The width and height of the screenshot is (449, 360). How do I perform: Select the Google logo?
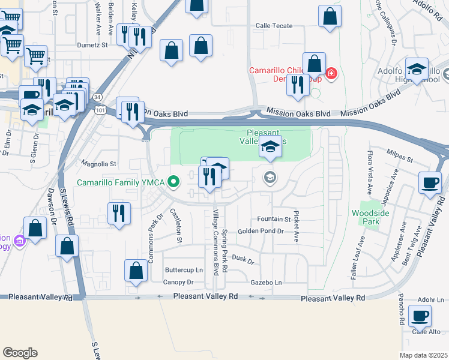point(19,353)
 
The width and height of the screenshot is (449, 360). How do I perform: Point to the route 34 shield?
point(98,96)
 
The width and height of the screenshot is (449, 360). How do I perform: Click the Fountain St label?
point(273,220)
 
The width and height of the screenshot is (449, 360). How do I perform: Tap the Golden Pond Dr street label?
point(260,231)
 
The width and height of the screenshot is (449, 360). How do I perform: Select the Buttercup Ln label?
point(184,271)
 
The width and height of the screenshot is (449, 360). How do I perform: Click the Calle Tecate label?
point(274,26)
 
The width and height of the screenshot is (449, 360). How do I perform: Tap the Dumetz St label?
point(92,44)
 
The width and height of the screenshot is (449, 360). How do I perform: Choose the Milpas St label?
point(400,157)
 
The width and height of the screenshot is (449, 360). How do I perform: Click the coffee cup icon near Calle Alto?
point(420,316)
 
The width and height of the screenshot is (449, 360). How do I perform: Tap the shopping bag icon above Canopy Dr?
point(136,271)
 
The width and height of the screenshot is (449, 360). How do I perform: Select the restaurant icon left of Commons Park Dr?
point(119,213)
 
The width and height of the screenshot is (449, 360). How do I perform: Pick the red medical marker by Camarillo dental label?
point(331,74)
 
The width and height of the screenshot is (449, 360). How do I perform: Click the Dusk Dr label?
point(243,259)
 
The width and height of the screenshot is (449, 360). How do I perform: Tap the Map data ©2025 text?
point(423,355)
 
